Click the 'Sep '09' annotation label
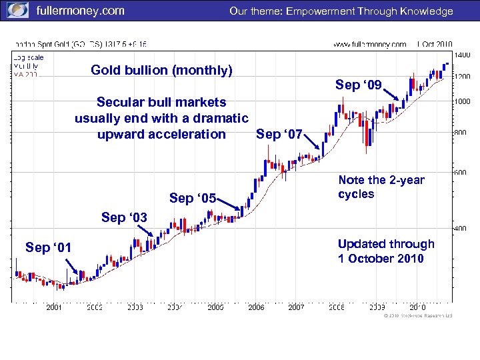click(359, 85)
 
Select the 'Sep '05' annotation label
click(193, 199)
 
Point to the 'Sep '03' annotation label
click(125, 217)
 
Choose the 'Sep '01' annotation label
click(48, 248)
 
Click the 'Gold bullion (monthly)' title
click(161, 70)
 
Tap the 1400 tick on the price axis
click(461, 55)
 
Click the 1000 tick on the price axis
click(461, 101)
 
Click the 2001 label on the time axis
click(54, 307)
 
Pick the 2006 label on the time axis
click(256, 307)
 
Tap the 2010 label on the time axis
click(418, 307)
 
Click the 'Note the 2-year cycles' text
click(381, 187)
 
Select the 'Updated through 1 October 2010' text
click(385, 251)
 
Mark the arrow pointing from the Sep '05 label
click(230, 209)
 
